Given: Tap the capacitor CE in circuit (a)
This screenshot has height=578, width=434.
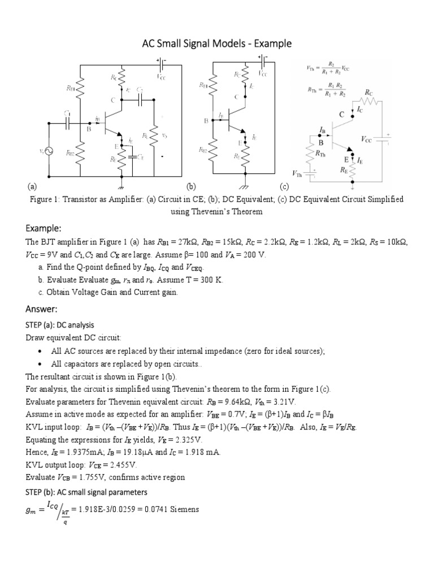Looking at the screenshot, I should pos(132,156).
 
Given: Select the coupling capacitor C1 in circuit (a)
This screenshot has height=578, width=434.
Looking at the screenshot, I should pos(67,121).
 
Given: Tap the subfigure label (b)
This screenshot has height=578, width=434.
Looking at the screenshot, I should pos(191,186).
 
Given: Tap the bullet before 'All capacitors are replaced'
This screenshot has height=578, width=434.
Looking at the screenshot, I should pos(43,364).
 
